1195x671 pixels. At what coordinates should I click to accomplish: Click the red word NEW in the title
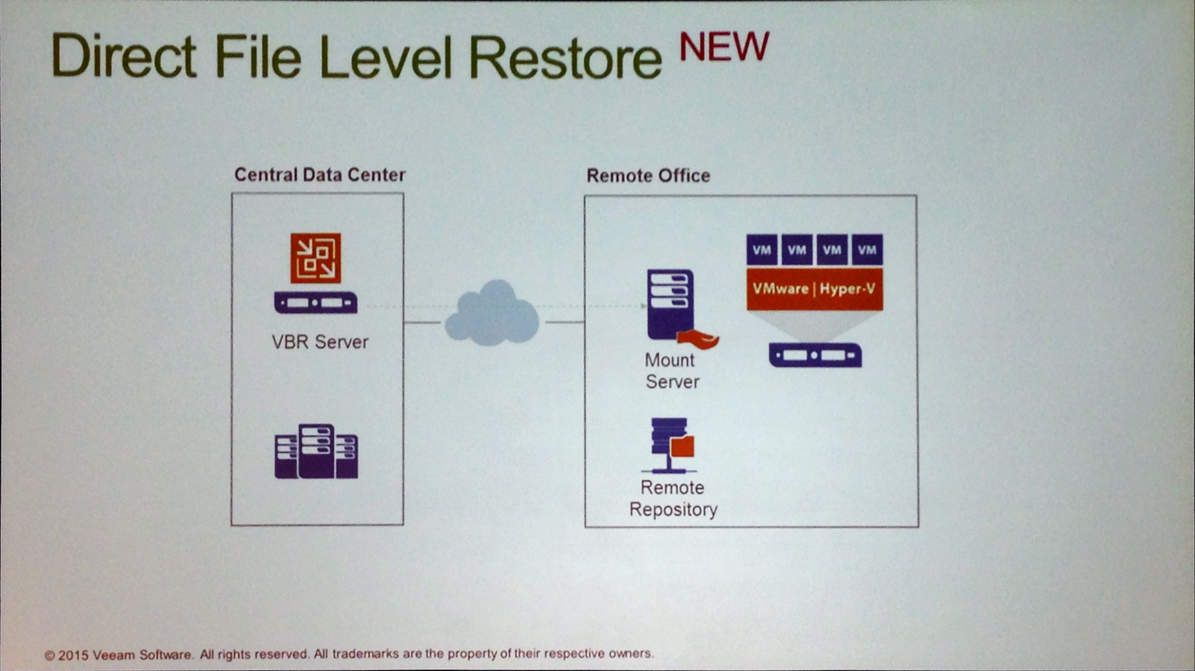point(724,47)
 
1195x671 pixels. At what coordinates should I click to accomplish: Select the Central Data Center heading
point(320,175)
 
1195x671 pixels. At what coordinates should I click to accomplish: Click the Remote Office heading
point(648,175)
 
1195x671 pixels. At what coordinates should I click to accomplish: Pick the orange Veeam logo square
point(316,258)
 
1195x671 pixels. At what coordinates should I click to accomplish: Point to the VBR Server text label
point(320,342)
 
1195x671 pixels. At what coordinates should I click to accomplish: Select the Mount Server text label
point(672,371)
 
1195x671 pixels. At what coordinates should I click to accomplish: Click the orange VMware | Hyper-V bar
point(814,289)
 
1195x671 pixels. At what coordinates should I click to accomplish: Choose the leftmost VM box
point(762,250)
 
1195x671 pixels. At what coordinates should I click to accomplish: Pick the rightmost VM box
point(867,250)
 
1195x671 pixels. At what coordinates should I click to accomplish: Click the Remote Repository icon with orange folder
point(672,445)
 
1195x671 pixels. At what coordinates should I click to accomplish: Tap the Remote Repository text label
point(673,498)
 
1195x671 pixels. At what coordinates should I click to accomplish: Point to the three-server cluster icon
point(316,451)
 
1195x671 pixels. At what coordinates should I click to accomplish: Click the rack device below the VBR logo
point(316,302)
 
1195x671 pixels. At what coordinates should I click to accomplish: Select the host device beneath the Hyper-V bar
point(815,355)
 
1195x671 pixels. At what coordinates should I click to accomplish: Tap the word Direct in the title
point(124,56)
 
